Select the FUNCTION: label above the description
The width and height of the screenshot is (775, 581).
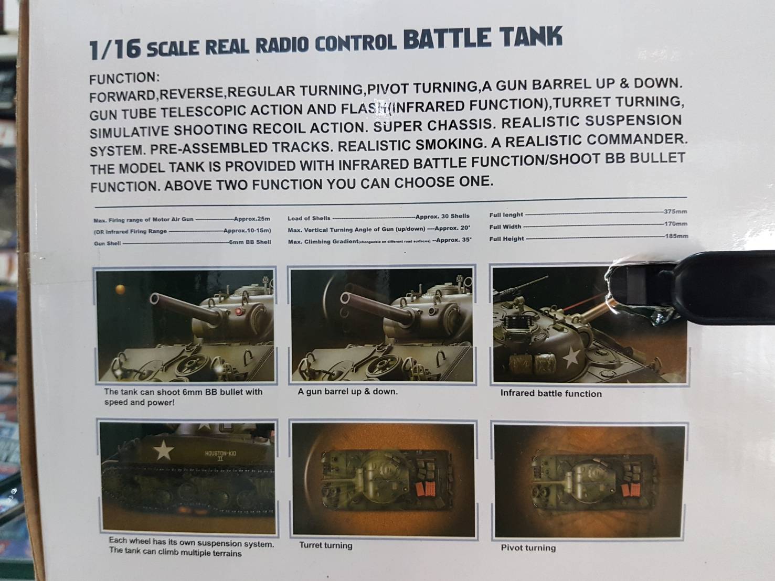pyautogui.click(x=124, y=79)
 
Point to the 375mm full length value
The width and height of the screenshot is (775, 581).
pyautogui.click(x=675, y=212)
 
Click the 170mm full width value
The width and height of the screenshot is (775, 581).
pyautogui.click(x=676, y=224)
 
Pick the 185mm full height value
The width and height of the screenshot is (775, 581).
pyautogui.click(x=676, y=236)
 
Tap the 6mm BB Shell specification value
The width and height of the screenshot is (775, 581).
pyautogui.click(x=250, y=242)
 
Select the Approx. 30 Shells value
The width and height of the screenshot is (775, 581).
pyautogui.click(x=442, y=216)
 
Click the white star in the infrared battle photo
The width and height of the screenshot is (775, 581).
pyautogui.click(x=571, y=358)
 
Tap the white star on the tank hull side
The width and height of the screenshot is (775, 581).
pyautogui.click(x=165, y=450)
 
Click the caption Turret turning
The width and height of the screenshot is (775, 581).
pyautogui.click(x=325, y=545)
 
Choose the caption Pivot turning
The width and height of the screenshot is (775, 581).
pyautogui.click(x=528, y=548)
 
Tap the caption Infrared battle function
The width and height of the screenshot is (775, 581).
pyautogui.click(x=550, y=394)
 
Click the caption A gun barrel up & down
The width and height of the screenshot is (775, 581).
pyautogui.click(x=347, y=392)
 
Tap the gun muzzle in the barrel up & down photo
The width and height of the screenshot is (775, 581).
pyautogui.click(x=345, y=299)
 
